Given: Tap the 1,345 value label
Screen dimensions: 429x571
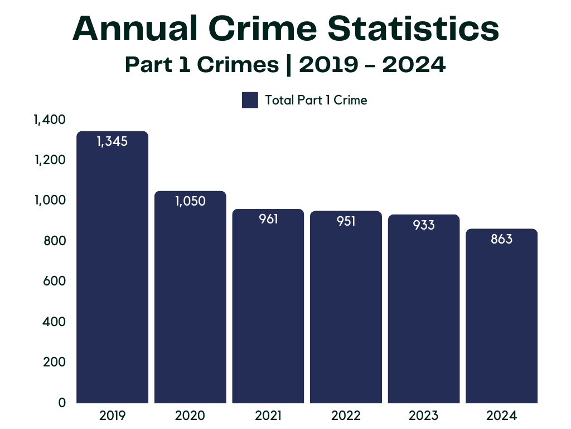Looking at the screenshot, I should [x=112, y=141].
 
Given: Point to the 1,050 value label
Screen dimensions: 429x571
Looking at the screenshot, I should [x=190, y=201].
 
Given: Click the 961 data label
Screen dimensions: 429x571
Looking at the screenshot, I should [x=268, y=219].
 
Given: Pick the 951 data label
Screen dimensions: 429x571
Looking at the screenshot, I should [x=346, y=221].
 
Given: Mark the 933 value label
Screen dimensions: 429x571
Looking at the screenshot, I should [x=424, y=225].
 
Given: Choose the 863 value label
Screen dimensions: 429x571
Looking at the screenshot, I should [x=501, y=239].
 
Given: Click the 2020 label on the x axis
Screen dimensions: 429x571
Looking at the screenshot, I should [x=190, y=416].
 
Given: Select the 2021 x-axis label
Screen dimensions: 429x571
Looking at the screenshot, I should [x=268, y=416].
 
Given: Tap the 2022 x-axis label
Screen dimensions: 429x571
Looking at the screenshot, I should [x=346, y=416].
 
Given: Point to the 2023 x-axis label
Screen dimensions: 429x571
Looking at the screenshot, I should [x=424, y=416].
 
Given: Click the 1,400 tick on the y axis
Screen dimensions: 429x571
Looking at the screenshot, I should [x=50, y=120].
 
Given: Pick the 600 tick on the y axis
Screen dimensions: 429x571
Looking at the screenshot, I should [x=54, y=282].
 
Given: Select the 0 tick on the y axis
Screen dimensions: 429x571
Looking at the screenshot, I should [x=62, y=403].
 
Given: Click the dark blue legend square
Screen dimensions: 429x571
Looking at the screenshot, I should [x=250, y=101].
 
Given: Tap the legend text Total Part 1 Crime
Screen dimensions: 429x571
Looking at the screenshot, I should [x=316, y=101].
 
